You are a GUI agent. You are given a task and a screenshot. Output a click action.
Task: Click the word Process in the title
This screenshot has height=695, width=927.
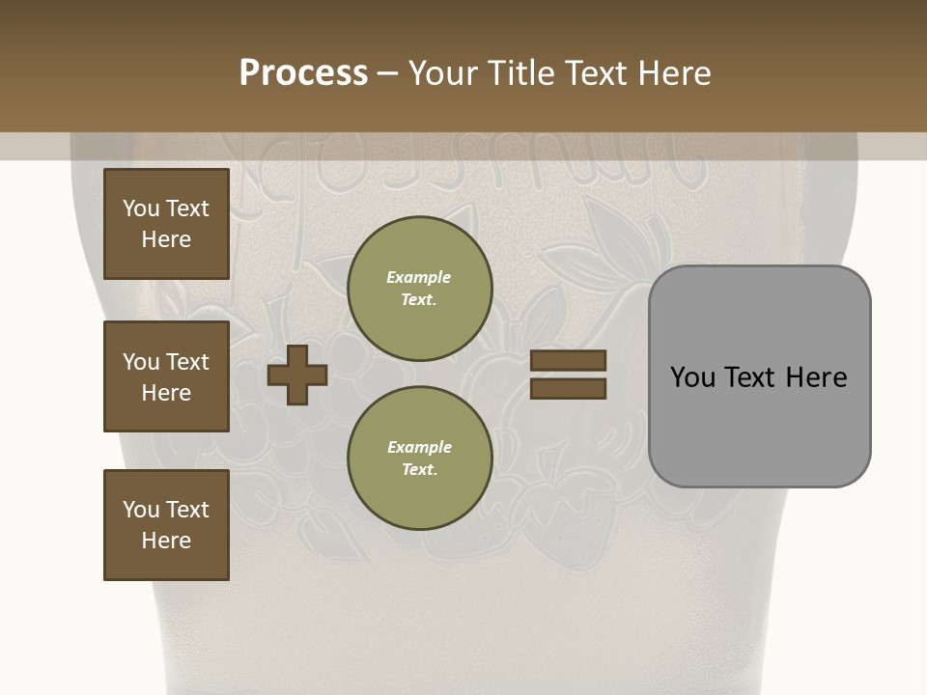tap(303, 73)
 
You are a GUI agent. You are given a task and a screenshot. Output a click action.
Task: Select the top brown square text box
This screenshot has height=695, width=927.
tap(166, 224)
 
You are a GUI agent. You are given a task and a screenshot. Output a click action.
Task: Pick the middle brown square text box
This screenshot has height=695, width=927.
tap(166, 376)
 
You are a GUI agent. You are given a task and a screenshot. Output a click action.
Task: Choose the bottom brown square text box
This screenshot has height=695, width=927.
tap(166, 525)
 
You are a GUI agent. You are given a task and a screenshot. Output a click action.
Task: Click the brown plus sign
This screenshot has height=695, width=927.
tap(297, 375)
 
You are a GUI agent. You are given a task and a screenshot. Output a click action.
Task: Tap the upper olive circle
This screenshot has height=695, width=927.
tap(420, 289)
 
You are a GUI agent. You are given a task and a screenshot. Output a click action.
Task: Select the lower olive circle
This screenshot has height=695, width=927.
tap(420, 459)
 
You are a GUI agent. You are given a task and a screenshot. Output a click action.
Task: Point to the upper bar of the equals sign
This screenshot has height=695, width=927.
tap(568, 360)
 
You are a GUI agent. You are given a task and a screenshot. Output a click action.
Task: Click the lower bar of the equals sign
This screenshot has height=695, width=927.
tap(568, 388)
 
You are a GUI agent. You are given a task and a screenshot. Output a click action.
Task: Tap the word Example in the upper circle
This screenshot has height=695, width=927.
tap(419, 277)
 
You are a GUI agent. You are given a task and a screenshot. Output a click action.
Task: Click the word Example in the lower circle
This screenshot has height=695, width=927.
tap(419, 447)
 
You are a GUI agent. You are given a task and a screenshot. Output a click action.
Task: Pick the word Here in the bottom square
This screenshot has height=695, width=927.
tap(166, 541)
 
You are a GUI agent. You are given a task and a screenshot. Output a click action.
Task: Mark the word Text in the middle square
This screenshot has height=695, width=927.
tap(187, 362)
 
